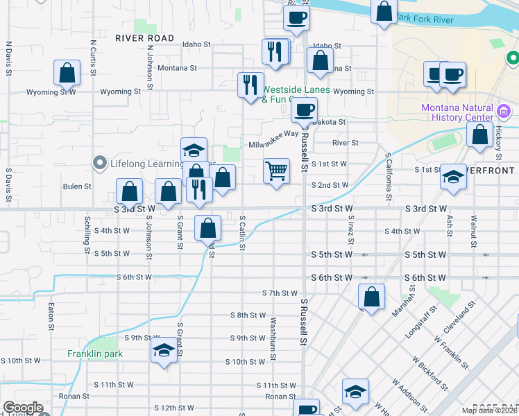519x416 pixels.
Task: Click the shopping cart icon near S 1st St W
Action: coord(276,170)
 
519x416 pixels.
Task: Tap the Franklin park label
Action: coord(95,354)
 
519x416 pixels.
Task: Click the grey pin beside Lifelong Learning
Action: coord(99,164)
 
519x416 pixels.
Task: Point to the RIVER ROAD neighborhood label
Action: coord(145,37)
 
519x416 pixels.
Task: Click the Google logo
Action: coord(23,408)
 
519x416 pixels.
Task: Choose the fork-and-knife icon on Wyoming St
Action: coord(250,85)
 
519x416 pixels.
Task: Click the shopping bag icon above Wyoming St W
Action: coord(66,72)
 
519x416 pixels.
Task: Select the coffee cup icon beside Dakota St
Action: coord(303,109)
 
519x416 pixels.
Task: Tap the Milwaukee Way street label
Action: coord(273,135)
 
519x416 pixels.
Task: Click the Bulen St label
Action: coord(77,187)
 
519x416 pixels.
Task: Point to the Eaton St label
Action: coord(52,315)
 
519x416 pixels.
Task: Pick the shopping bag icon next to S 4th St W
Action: coord(208,227)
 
